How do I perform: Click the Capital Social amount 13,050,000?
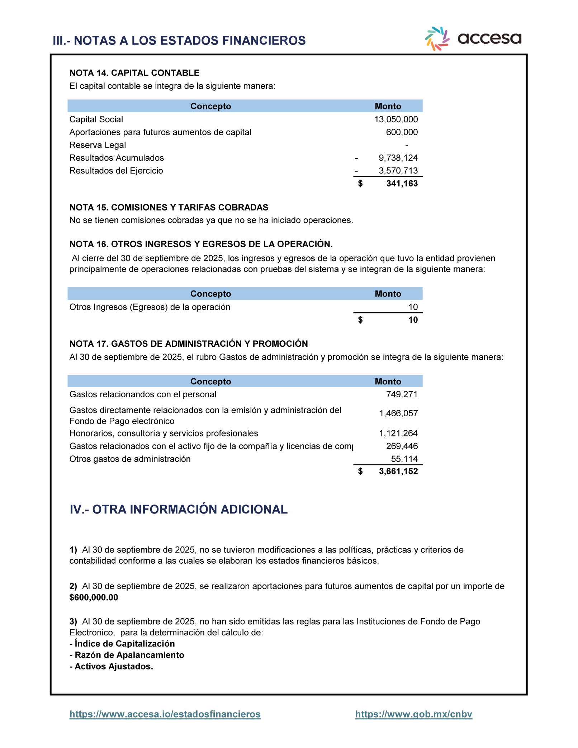(396, 119)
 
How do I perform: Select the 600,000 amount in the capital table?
(402, 132)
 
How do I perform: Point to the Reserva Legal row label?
(98, 145)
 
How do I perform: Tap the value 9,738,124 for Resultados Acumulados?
(398, 158)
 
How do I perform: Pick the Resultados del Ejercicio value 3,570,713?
(398, 171)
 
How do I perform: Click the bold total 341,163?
(402, 184)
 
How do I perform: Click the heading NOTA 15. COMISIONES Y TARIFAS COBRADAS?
(169, 208)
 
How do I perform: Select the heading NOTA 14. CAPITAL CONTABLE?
(134, 73)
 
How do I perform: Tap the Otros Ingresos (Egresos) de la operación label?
(150, 307)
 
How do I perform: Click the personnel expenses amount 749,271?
(402, 394)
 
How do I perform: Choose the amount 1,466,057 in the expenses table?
(398, 413)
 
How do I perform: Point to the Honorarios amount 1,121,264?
(398, 434)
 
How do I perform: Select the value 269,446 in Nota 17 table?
(402, 446)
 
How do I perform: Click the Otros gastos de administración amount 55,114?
(404, 459)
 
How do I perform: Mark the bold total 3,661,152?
(398, 472)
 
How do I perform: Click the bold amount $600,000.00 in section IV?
(94, 597)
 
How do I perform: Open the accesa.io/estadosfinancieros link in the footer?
(165, 714)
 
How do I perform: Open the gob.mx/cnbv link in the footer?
(413, 714)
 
